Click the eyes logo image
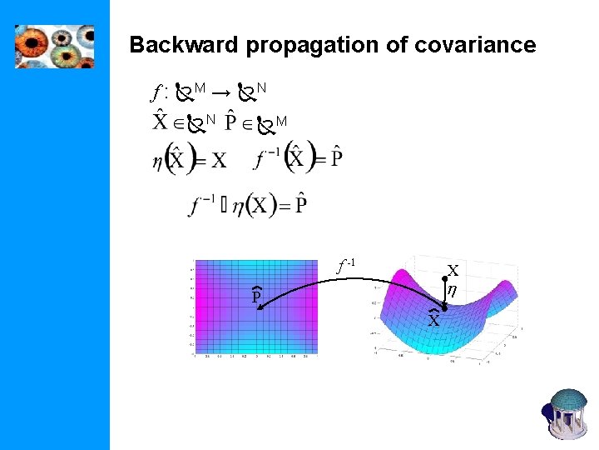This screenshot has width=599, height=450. [55, 46]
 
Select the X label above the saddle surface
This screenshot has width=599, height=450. [453, 271]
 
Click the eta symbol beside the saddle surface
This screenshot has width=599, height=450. [453, 291]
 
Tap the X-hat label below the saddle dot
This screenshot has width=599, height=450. [433, 319]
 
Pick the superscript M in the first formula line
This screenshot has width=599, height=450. [200, 87]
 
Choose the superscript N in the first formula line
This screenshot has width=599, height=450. [262, 87]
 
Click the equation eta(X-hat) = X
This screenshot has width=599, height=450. [190, 159]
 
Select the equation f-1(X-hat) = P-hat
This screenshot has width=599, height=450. [300, 157]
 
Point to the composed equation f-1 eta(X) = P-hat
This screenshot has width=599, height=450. [248, 204]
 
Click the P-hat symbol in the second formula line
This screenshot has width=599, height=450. [236, 123]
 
